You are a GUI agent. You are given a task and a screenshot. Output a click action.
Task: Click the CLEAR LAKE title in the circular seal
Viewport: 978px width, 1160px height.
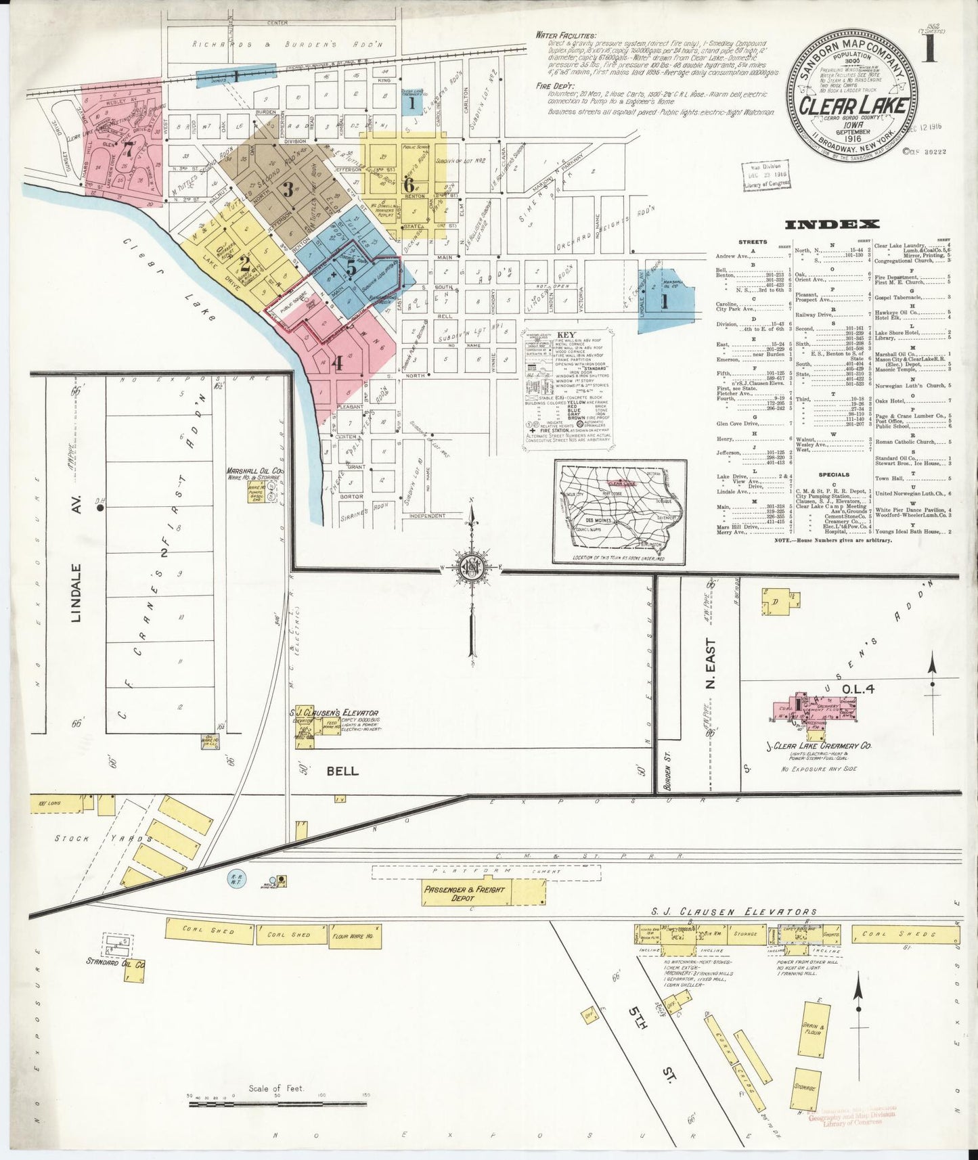pos(853,106)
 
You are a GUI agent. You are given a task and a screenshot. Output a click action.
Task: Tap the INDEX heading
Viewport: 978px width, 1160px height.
pos(832,224)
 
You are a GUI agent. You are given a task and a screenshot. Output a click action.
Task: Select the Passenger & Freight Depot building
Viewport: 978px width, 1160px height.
pos(464,893)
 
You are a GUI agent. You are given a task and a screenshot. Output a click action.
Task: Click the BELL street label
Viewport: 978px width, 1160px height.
pos(342,770)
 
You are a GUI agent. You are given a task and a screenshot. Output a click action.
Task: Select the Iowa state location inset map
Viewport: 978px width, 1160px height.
pos(619,511)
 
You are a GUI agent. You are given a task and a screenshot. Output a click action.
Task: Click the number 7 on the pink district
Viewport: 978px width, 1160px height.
pos(128,150)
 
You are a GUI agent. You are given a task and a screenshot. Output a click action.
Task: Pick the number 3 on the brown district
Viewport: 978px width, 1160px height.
pos(288,189)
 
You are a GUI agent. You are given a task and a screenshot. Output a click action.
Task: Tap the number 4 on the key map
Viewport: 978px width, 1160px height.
pos(336,363)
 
